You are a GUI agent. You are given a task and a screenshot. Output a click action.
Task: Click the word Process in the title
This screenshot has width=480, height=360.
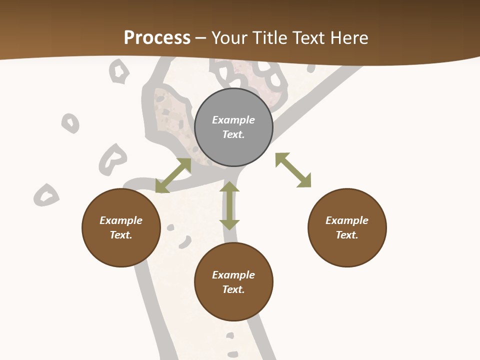(157, 38)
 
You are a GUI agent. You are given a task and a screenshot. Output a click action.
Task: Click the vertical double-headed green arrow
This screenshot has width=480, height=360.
(229, 205)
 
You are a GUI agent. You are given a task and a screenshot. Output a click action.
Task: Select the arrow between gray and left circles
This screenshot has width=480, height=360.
(173, 175)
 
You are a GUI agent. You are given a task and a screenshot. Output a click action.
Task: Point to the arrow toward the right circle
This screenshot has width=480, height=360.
(293, 170)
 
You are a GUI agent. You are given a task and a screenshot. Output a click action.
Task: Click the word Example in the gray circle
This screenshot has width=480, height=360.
(233, 120)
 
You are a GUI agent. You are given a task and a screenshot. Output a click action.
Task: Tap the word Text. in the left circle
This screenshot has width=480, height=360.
(121, 235)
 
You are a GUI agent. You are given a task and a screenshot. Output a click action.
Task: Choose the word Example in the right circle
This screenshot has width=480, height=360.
(347, 220)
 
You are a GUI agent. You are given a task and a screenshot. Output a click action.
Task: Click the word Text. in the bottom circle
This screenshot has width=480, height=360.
(233, 289)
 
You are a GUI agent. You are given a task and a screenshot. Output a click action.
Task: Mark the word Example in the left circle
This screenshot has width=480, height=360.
(121, 220)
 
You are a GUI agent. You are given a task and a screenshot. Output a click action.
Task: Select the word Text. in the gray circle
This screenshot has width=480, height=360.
(233, 134)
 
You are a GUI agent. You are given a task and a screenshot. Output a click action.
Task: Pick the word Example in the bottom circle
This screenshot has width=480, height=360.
(233, 275)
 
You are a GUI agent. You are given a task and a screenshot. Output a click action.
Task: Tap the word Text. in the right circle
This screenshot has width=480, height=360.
(347, 235)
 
